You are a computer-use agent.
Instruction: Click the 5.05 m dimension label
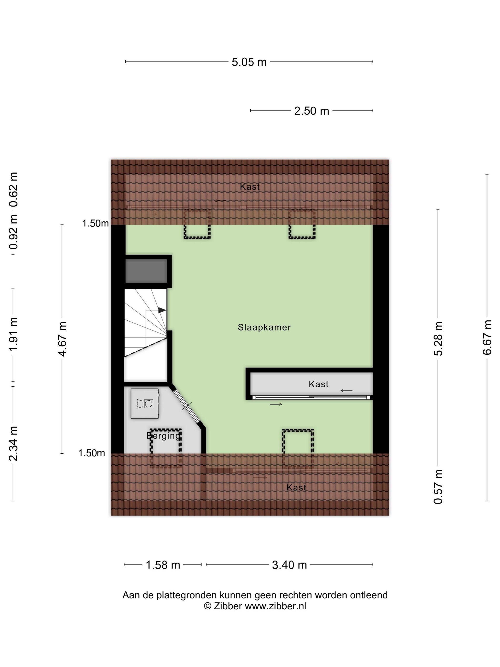point(249,62)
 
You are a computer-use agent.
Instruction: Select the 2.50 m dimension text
point(312,111)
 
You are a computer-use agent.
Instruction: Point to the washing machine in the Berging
point(145,404)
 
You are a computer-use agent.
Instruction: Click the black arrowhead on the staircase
point(162,310)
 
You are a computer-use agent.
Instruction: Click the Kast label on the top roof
point(250,187)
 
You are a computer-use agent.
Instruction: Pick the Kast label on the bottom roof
point(296,488)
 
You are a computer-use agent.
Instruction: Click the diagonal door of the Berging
point(187,406)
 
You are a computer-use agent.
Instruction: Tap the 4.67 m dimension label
point(62,339)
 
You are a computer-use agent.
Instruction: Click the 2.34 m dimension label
point(13,444)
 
